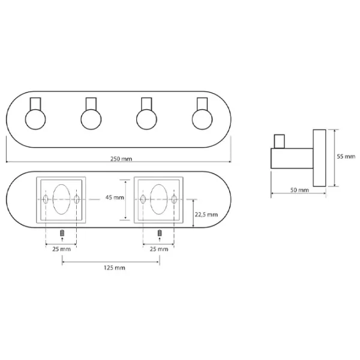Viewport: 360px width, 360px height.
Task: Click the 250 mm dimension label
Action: click(x=121, y=159)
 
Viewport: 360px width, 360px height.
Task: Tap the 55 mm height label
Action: click(x=346, y=157)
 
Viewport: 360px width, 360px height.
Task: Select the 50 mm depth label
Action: click(x=299, y=190)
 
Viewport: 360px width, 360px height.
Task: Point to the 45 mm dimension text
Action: click(x=115, y=197)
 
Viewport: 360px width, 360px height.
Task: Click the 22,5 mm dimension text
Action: click(x=206, y=215)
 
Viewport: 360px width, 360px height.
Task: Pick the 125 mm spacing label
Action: click(x=115, y=268)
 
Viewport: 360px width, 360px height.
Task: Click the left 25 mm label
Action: click(x=61, y=249)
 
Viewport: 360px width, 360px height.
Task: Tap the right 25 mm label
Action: click(x=159, y=249)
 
